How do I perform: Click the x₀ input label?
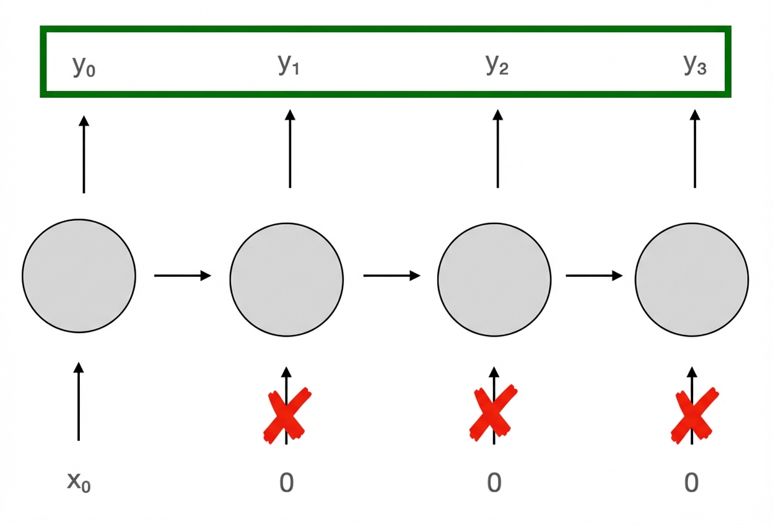pyautogui.click(x=79, y=481)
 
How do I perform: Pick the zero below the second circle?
pyautogui.click(x=286, y=482)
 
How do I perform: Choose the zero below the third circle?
pyautogui.click(x=494, y=482)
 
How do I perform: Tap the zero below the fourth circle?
pyautogui.click(x=691, y=482)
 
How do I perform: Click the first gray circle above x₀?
pyautogui.click(x=79, y=276)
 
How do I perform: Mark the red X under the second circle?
pyautogui.click(x=286, y=415)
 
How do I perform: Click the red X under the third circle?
pyautogui.click(x=493, y=412)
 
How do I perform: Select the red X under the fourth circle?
pyautogui.click(x=695, y=415)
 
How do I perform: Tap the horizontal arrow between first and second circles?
pyautogui.click(x=182, y=276)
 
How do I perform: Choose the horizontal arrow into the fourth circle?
pyautogui.click(x=593, y=276)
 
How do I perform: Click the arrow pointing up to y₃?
pyautogui.click(x=695, y=149)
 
